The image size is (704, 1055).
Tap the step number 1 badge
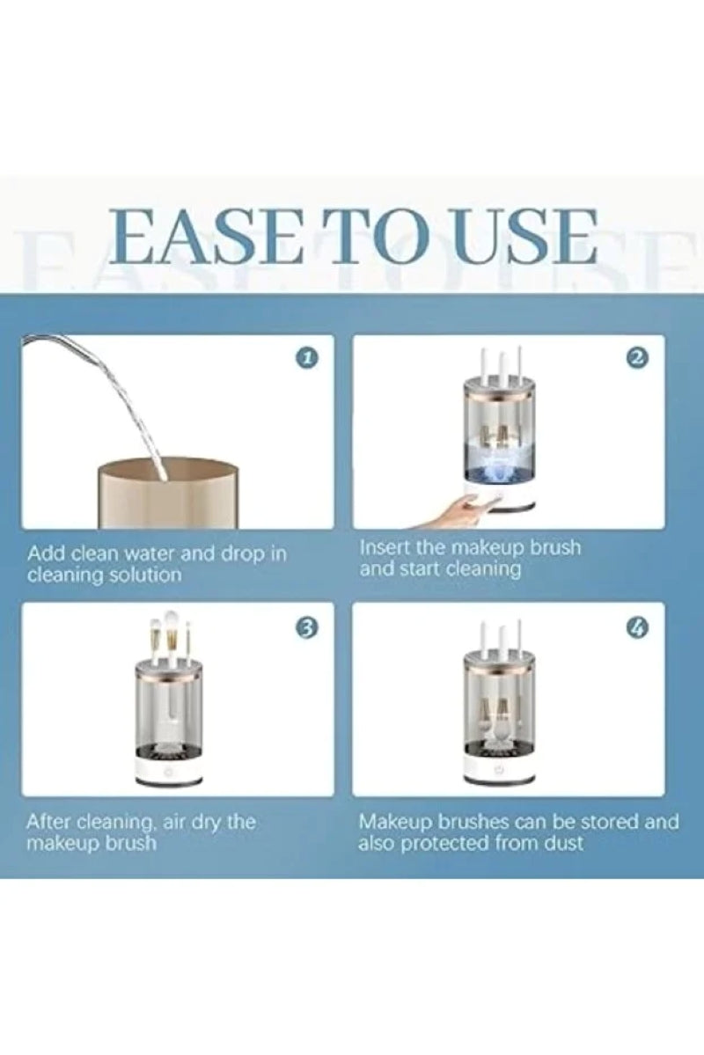tap(306, 358)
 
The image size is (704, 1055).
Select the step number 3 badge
tap(306, 628)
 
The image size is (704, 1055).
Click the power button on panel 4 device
tap(499, 767)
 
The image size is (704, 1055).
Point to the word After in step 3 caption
tap(48, 822)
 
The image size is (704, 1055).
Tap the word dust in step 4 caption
tap(565, 843)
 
